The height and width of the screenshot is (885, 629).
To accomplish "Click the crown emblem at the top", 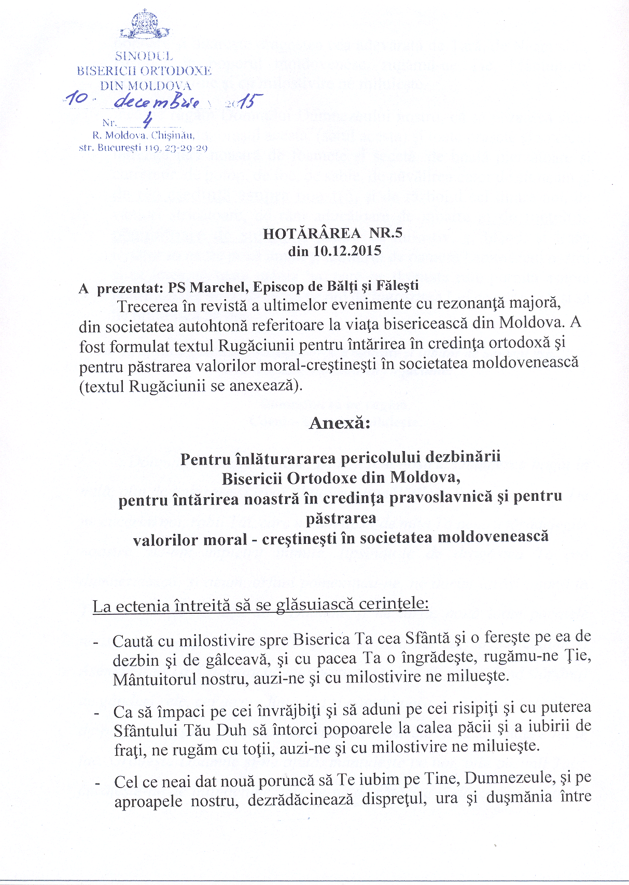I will point(145,24).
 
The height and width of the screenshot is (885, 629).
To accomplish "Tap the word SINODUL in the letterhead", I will point(144,56).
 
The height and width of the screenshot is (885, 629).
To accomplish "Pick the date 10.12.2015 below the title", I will point(347,251).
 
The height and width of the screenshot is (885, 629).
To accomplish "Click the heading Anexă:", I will point(340,423).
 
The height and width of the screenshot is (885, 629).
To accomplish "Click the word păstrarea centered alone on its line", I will point(341,518).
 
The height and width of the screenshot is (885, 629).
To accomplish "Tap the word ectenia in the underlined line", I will point(143,606).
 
